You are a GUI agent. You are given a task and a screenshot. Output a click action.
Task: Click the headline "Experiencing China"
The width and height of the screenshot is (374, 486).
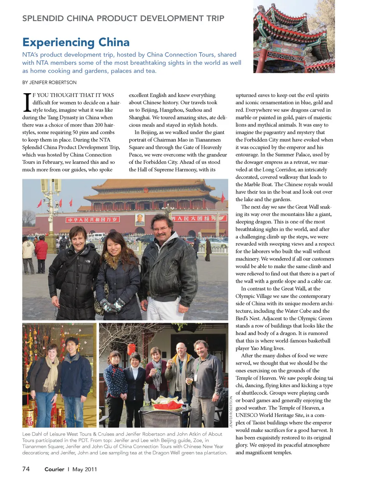[x=76, y=42]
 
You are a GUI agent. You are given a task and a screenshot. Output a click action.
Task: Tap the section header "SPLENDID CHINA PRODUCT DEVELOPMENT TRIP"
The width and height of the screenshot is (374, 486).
[x=123, y=18]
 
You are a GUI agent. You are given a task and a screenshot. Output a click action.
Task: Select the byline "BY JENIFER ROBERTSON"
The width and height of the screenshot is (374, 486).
[x=49, y=82]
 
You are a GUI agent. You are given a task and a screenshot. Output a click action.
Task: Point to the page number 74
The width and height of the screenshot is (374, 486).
[x=26, y=469]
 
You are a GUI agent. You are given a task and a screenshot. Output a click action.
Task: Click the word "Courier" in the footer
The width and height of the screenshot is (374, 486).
[x=54, y=469]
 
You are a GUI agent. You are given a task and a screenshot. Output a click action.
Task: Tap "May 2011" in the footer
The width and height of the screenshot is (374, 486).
[x=85, y=469]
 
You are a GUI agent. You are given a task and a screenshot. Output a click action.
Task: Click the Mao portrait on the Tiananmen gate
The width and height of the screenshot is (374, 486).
[x=139, y=220]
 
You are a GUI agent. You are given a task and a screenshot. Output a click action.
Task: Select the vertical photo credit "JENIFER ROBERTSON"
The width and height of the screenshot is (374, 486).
[x=231, y=412]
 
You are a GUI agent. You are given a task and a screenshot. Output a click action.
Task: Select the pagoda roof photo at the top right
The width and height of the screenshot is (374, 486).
[x=294, y=36]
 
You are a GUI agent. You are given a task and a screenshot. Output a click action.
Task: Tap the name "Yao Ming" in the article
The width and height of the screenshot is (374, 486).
[x=266, y=348]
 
